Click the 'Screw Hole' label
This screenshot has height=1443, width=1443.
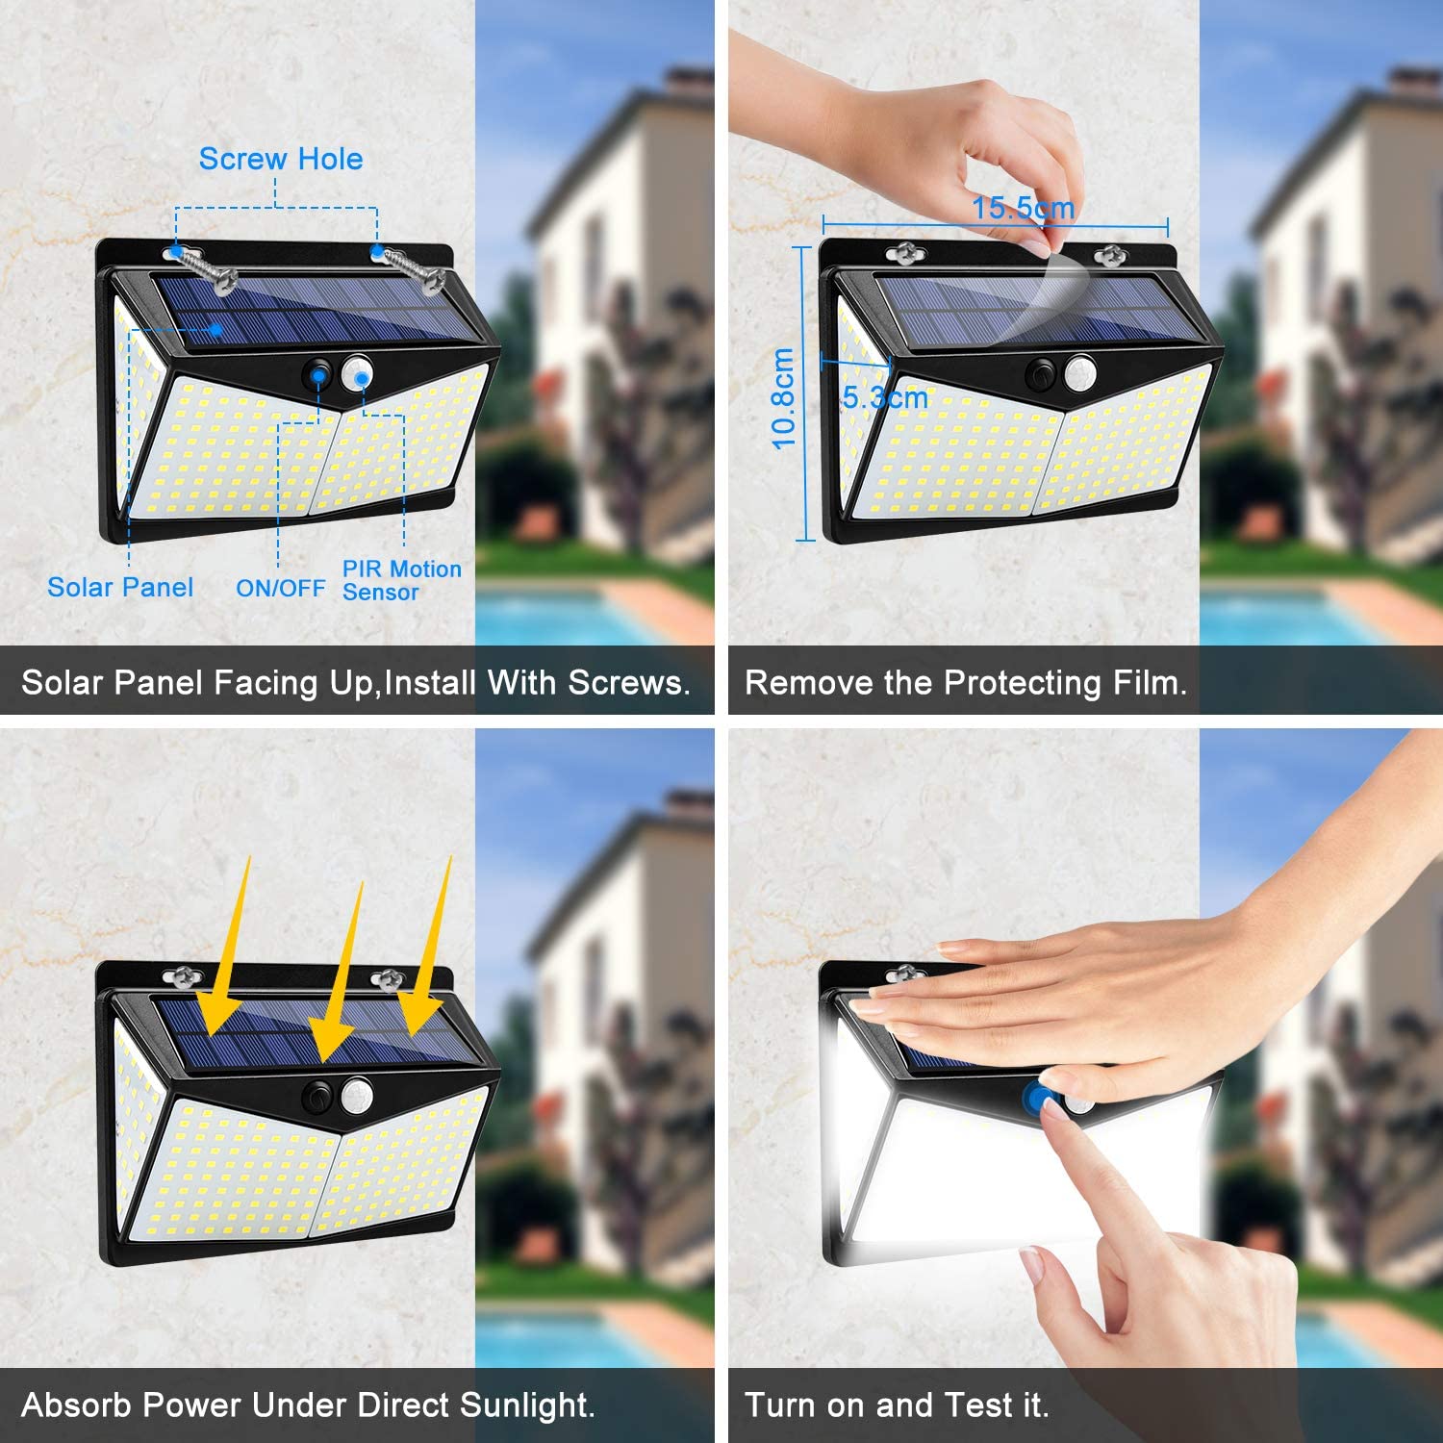(281, 159)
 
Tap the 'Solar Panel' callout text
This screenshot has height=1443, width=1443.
(120, 587)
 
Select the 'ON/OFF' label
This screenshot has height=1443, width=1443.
(281, 588)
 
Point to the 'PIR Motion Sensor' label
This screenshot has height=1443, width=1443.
(402, 581)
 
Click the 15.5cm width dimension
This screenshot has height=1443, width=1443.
(1023, 208)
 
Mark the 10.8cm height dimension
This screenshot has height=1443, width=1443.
(784, 398)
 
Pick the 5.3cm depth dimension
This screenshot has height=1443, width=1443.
(885, 397)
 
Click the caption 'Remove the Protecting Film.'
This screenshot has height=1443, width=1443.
(966, 683)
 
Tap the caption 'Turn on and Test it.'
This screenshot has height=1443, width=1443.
(897, 1405)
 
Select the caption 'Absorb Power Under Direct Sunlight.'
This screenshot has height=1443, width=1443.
(308, 1405)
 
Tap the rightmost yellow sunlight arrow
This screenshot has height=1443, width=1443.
(429, 948)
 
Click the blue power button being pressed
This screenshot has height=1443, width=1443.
(1038, 1097)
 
